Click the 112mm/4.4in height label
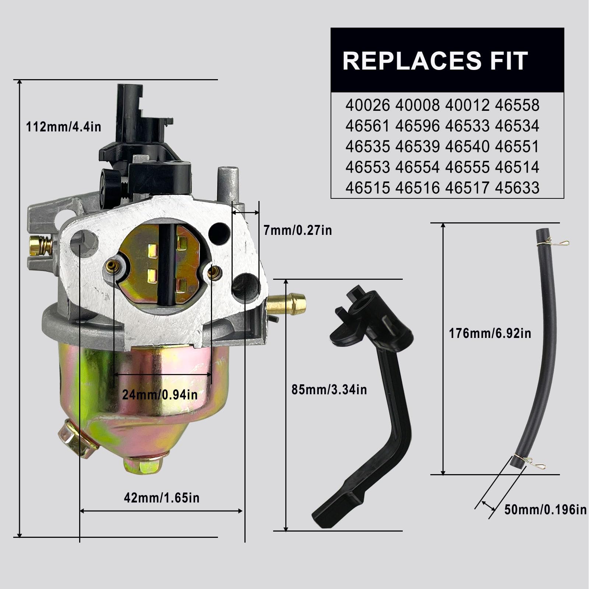click(63, 127)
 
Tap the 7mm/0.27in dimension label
click(297, 230)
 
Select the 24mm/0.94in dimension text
click(160, 395)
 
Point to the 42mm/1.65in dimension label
click(162, 498)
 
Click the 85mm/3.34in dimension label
click(329, 389)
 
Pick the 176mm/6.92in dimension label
click(490, 334)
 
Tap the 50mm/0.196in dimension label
click(545, 510)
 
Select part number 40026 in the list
click(367, 106)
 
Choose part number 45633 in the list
click(517, 188)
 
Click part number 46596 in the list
click(417, 126)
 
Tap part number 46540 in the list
click(467, 147)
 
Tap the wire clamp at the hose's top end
click(556, 243)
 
